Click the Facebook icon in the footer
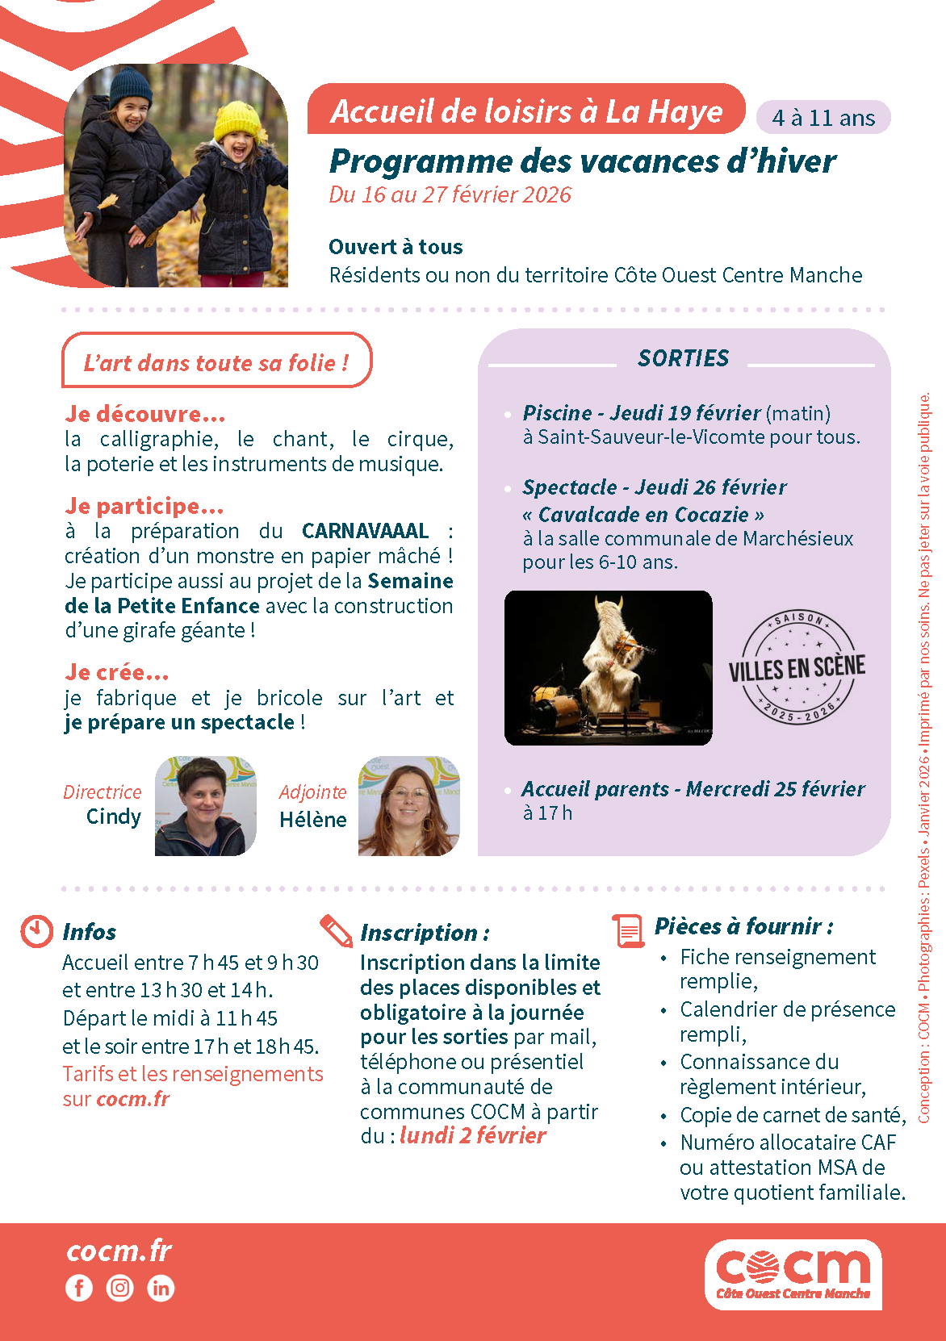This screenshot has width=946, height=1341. click(x=79, y=1288)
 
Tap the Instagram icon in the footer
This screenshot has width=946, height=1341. click(x=120, y=1288)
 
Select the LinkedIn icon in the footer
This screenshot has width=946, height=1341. click(x=161, y=1288)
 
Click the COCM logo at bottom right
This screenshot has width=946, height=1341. click(x=793, y=1273)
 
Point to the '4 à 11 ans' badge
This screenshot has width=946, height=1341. click(x=823, y=118)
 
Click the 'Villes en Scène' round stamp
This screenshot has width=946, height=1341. click(x=797, y=667)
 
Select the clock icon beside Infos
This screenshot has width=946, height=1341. click(x=36, y=931)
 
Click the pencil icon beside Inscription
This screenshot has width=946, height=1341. click(x=336, y=930)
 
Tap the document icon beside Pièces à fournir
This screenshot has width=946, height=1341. click(x=628, y=930)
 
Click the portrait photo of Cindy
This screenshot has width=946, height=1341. click(x=205, y=805)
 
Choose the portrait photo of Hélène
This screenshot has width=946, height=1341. click(x=408, y=805)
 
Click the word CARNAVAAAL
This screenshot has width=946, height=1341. click(x=365, y=531)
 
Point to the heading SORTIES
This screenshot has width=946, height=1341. click(x=683, y=358)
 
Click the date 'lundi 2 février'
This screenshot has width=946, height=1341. click(x=472, y=1135)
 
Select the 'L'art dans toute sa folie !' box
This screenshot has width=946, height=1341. click(x=216, y=361)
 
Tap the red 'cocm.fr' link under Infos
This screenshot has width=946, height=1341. click(x=132, y=1099)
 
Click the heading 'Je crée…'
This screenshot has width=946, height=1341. click(x=117, y=672)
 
